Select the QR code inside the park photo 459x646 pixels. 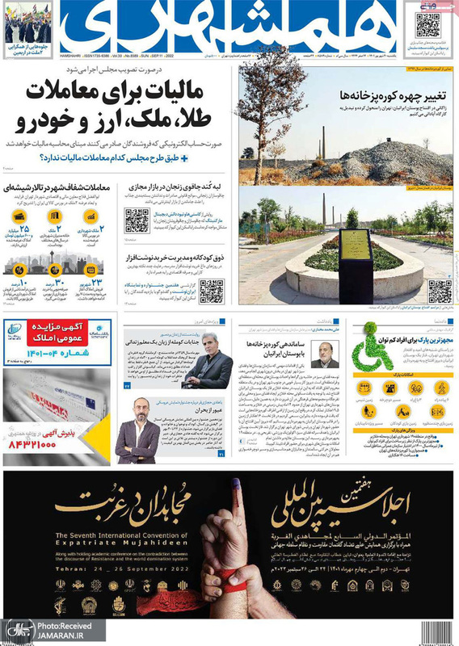(x=439, y=290)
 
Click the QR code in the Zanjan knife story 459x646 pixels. (x=137, y=220)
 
